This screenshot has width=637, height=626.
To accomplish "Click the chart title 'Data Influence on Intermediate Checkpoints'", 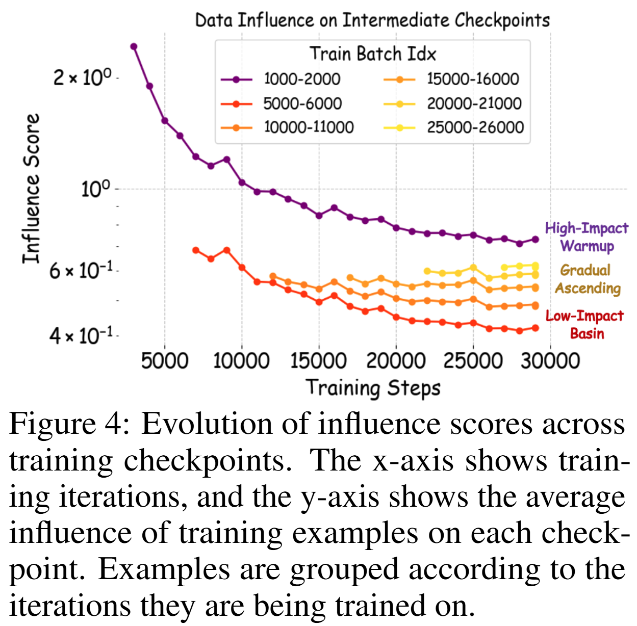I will point(372,20).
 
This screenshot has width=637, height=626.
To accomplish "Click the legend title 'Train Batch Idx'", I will point(372,54).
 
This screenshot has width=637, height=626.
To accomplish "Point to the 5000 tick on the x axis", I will point(164,361).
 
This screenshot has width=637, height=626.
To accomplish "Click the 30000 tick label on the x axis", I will point(550,361).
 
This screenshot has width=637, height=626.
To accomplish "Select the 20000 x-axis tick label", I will point(396,361).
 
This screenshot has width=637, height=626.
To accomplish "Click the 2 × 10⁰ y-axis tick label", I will point(82,78).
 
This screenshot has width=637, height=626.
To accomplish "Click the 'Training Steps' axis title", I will point(373,387).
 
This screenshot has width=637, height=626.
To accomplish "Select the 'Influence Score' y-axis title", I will point(31,189).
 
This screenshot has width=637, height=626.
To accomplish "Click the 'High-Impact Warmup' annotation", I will point(587,237).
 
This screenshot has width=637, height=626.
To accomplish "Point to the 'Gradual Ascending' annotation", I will point(587,279).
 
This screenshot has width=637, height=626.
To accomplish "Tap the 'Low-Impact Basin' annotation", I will point(585,325).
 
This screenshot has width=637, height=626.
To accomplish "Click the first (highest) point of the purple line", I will point(134,46).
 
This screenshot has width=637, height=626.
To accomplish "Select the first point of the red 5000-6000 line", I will point(196,250).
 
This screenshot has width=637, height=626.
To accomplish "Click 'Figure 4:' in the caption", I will point(68,424).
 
